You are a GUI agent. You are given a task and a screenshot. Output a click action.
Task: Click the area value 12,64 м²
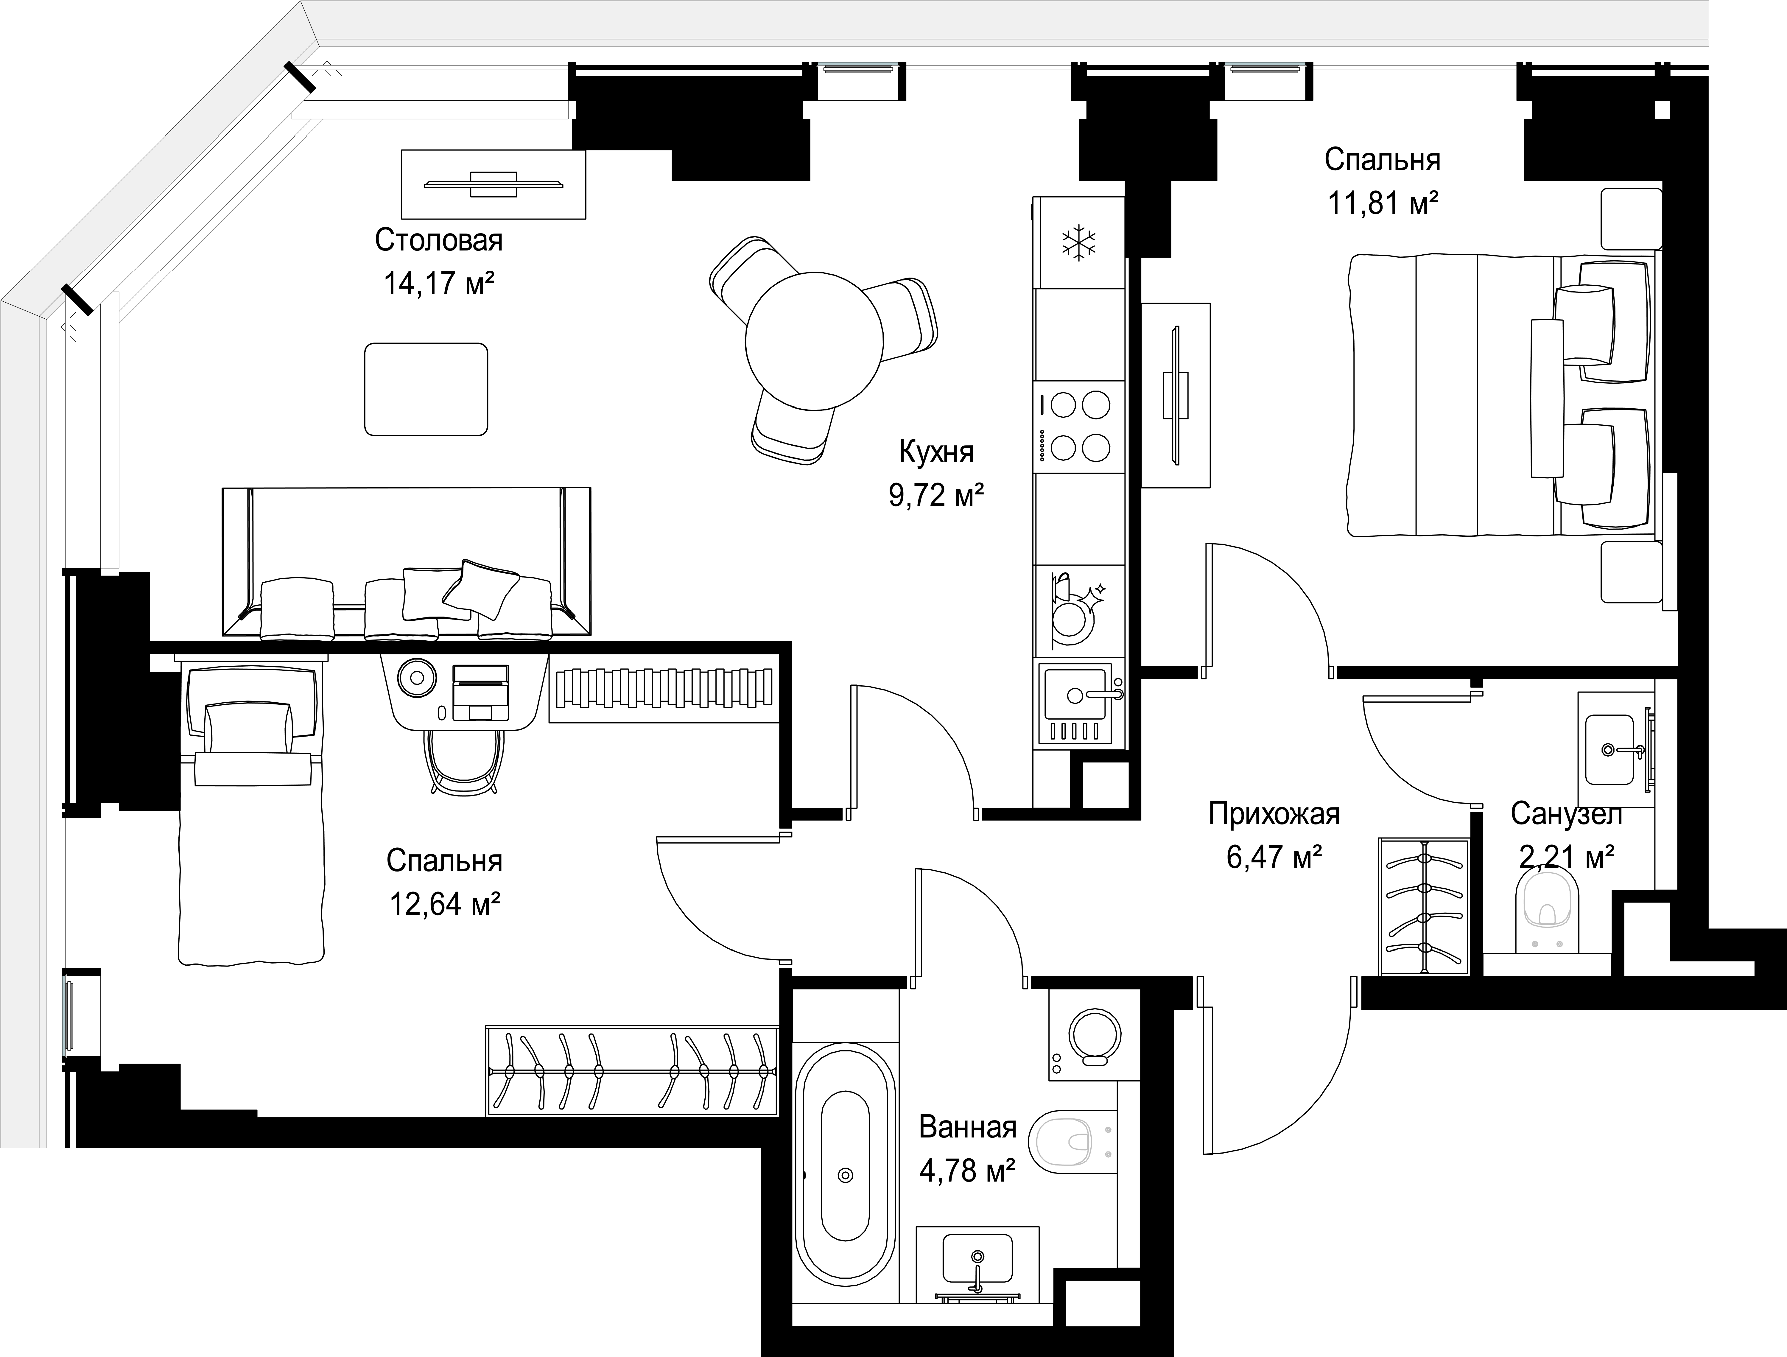tap(445, 904)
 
